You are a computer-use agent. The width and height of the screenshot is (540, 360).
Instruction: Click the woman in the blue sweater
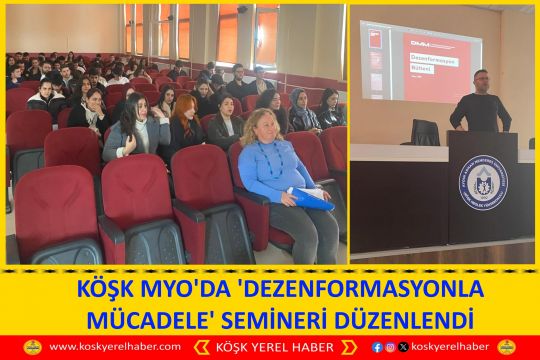coord(277,170)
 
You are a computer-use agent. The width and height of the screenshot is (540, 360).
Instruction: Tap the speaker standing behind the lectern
coord(481,104)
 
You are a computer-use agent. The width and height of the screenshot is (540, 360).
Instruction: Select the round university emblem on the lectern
coord(484,182)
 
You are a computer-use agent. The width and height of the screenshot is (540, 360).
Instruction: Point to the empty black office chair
coord(425,133)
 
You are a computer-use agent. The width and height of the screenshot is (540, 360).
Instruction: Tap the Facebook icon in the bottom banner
coord(377,347)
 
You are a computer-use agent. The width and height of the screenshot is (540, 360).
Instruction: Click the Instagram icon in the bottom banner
coord(390,347)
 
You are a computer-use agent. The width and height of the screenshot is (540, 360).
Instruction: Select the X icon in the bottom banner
coord(403,347)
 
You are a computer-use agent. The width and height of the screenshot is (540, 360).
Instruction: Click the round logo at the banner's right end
coord(507,347)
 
